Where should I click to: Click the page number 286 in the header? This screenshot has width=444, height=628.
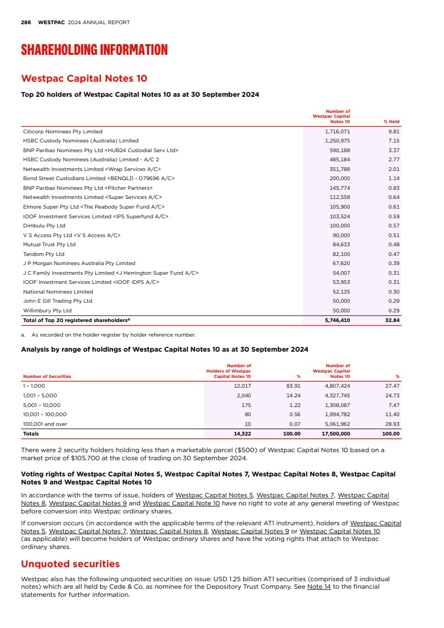25,23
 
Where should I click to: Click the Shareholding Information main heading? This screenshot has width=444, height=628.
94,50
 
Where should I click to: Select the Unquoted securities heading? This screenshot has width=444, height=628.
70,564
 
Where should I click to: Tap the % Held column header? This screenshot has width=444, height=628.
391,122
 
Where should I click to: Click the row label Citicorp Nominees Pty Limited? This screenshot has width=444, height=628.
62,131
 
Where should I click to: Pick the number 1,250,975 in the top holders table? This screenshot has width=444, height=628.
337,140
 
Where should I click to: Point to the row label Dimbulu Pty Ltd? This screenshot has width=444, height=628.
44,225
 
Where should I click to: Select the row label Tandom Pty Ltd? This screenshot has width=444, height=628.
44,254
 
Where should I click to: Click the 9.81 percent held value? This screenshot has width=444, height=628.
393,131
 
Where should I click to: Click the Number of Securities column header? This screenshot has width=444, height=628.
46,376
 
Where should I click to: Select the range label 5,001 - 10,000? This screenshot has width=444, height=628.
42,405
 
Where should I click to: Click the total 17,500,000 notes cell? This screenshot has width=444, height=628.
335,433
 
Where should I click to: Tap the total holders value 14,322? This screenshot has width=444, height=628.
241,433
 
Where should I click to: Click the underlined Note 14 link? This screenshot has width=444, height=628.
316,587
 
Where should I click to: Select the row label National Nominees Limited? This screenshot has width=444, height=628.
58,291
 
